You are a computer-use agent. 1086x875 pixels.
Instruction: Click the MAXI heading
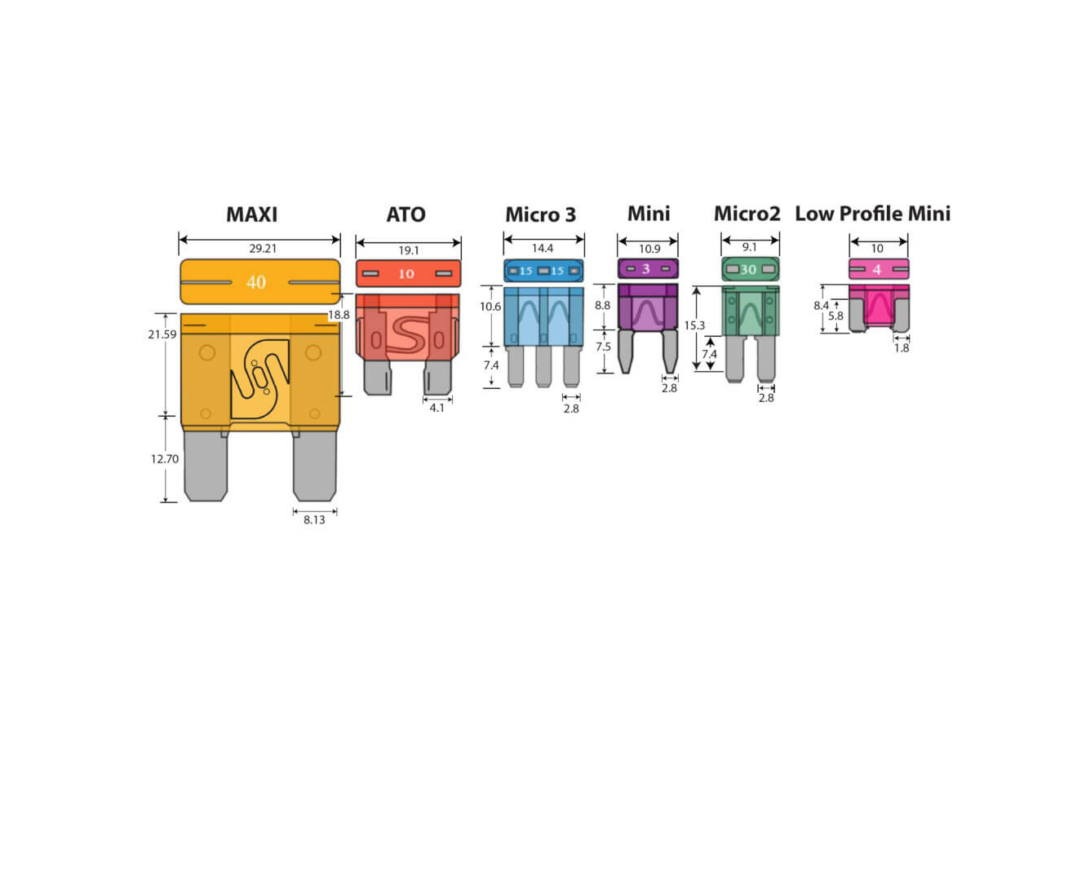coord(251,214)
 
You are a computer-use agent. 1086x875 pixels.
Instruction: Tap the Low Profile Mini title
coord(872,214)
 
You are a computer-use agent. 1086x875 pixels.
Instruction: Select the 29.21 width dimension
coord(263,248)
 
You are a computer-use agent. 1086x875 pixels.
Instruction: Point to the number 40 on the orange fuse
coord(256,282)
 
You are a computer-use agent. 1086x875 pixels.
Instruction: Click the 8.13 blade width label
coord(314,519)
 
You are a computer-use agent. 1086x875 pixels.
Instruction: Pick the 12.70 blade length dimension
coord(165,459)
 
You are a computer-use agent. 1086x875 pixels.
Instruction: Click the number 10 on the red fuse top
coord(406,274)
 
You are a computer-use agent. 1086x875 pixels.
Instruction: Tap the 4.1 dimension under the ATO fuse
coord(437,408)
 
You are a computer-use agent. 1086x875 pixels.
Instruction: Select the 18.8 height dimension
coord(339,315)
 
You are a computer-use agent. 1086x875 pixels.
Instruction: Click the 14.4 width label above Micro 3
coord(543,248)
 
